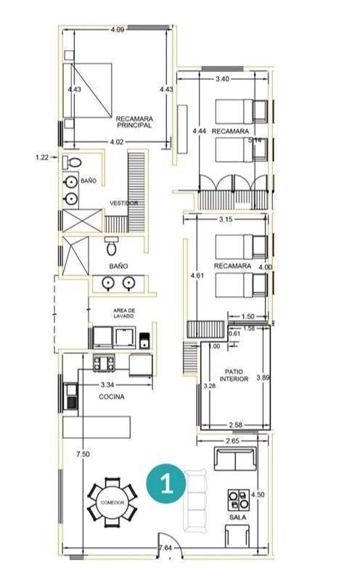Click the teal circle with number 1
(x=165, y=484)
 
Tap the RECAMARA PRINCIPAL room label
(x=134, y=122)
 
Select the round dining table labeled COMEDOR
(x=112, y=502)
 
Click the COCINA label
(x=112, y=397)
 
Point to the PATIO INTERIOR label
(x=234, y=375)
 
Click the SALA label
(x=237, y=517)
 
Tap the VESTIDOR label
(x=123, y=203)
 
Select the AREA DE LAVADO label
(x=123, y=313)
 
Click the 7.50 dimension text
(x=83, y=454)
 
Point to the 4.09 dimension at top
(x=118, y=30)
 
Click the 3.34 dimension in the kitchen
(x=107, y=385)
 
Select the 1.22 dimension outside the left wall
(x=41, y=157)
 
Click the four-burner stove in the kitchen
(x=104, y=363)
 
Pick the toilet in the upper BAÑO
(x=72, y=162)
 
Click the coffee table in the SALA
(x=239, y=499)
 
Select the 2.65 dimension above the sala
(x=232, y=441)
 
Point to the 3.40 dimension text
(x=222, y=78)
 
